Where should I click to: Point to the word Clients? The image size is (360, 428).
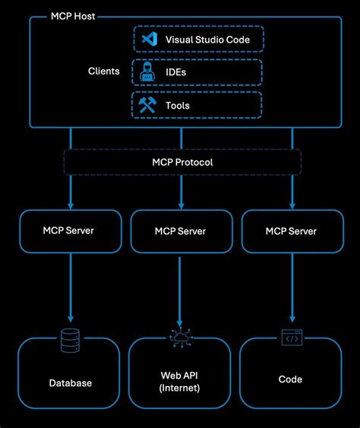(x=103, y=71)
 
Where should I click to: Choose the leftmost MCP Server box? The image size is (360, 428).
(x=68, y=230)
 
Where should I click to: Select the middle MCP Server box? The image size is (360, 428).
(x=180, y=230)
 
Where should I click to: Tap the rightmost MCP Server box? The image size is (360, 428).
(x=291, y=230)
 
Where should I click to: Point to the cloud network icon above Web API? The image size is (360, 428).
(x=180, y=340)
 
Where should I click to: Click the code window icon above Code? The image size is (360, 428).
(x=291, y=338)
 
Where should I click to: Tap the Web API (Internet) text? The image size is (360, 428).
(x=180, y=382)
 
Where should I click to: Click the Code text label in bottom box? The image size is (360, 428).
(x=291, y=379)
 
